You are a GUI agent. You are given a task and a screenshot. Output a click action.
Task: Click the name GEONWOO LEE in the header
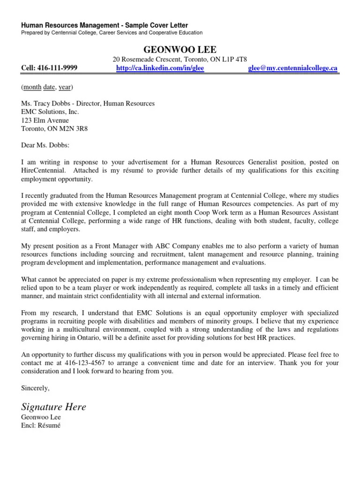(x=180, y=50)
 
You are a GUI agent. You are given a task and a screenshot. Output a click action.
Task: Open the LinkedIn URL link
(x=160, y=68)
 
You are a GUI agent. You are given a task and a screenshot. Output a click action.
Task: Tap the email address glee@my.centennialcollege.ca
(x=292, y=68)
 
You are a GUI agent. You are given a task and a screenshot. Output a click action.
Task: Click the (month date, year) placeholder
(x=47, y=87)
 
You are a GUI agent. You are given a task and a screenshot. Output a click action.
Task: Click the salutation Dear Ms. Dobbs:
(x=45, y=145)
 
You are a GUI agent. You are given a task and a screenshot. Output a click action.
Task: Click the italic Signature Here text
(x=54, y=406)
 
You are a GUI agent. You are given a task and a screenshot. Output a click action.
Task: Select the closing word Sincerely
(x=35, y=388)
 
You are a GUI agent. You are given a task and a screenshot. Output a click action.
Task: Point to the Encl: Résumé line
(x=41, y=425)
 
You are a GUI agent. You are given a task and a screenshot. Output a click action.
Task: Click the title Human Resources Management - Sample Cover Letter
(x=105, y=25)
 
